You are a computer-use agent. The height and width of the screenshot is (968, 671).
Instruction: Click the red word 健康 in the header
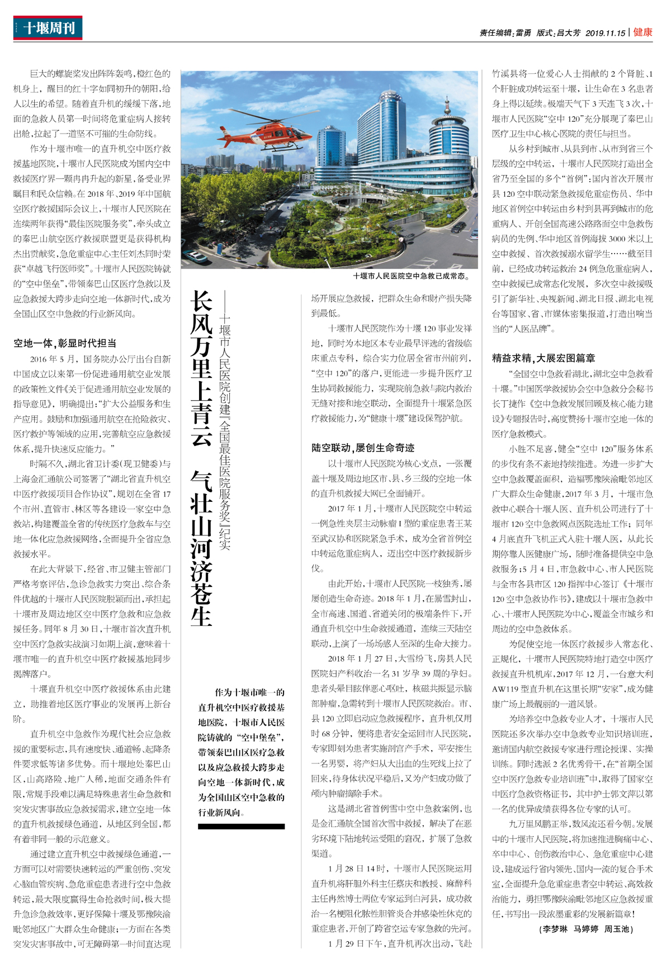coord(642,32)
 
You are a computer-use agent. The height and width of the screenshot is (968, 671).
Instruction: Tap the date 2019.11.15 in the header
coord(605,33)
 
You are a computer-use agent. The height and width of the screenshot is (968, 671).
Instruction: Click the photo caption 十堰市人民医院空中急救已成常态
coord(412,276)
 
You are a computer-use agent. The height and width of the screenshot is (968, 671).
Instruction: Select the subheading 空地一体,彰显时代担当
coord(65,343)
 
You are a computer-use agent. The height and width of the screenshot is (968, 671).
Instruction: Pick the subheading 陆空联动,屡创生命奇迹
coord(363,448)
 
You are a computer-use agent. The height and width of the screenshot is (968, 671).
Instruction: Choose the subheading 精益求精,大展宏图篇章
coord(544,358)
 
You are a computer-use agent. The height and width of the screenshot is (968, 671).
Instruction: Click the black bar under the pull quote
coord(241,826)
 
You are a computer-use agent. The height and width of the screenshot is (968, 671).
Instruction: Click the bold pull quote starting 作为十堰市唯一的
coord(241,752)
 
